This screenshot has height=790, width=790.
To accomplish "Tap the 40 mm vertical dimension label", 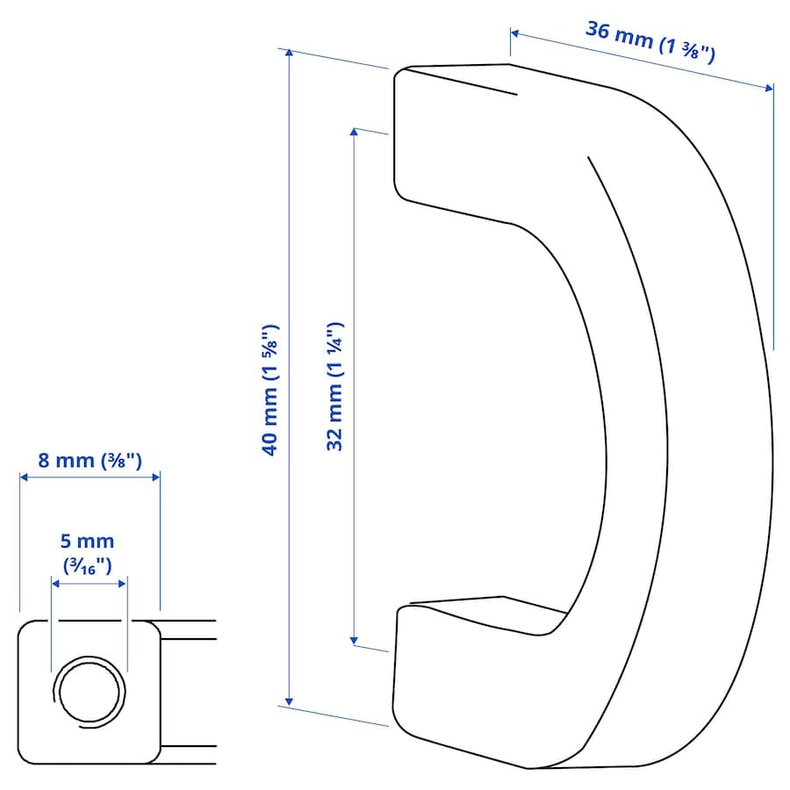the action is tap(270, 391).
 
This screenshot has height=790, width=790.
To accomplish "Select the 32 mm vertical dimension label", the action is tap(335, 386).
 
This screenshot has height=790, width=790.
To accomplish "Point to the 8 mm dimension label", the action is tap(90, 461).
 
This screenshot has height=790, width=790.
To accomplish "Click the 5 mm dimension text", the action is tap(87, 541).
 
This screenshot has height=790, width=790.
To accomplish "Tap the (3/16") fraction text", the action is tap(87, 566).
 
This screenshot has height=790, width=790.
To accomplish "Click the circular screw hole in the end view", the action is tap(90, 692).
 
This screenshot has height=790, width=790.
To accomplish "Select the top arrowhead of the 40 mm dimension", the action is tap(289, 53).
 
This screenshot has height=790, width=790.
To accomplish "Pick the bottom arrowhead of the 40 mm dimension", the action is tap(289, 701).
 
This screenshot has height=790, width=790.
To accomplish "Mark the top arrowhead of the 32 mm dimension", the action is tap(354, 132).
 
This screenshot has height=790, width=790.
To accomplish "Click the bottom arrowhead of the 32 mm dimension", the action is tap(354, 641).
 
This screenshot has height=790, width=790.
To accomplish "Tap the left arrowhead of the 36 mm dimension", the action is tap(515, 33).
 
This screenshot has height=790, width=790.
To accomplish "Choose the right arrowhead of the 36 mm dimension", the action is tap(768, 88).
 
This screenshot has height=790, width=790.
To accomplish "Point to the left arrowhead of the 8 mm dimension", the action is tap(24, 477).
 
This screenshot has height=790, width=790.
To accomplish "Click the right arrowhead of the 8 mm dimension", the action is tap(156, 477).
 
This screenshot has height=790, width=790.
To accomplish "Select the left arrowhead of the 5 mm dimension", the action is tap(55, 584).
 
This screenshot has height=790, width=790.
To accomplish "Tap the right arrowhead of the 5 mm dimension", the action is tap(122, 584).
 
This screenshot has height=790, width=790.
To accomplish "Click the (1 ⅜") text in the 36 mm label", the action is tap(687, 49).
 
